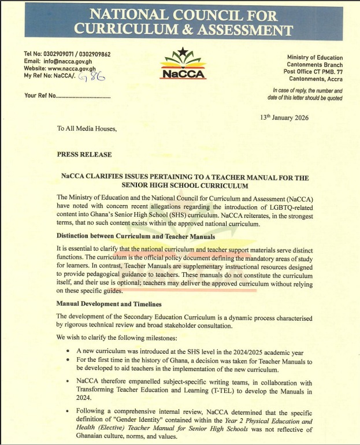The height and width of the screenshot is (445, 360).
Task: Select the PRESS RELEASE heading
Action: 84,155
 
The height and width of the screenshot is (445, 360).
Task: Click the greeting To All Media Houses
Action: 87,128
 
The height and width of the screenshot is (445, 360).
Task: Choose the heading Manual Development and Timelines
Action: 109,303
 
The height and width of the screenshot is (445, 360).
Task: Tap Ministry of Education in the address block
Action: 315,58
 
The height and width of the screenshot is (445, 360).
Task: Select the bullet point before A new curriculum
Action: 69,351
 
